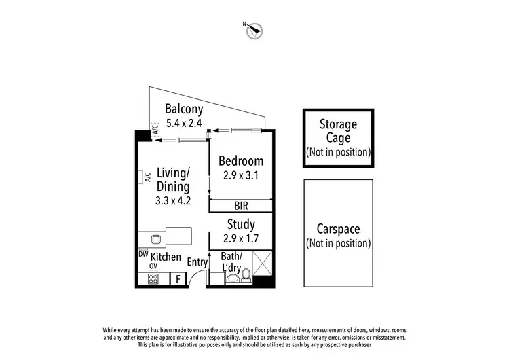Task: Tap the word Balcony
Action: pos(185,109)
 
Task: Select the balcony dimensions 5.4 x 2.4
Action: pos(185,124)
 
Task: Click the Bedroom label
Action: pos(240,161)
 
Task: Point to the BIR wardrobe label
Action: pos(240,204)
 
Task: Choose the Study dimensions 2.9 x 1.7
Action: pos(240,238)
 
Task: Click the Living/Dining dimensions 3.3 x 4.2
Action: pos(173,200)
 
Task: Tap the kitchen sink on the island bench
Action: pos(155,239)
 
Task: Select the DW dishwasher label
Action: pos(143,254)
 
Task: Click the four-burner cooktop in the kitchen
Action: pos(153,278)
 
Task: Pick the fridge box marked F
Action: pos(178,278)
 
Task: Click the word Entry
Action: pos(197,262)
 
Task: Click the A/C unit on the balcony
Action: pos(156,134)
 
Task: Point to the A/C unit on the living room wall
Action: pos(145,177)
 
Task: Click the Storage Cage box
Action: pos(338,138)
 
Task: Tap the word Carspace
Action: pos(338,229)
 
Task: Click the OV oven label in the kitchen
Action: pos(153,266)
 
